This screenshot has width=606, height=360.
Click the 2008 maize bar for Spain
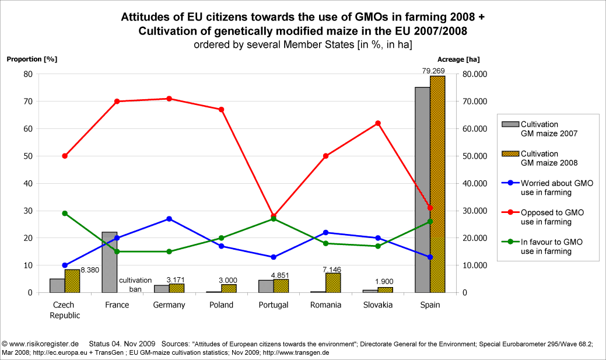coord(437,184)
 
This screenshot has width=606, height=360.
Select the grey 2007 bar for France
coord(109,262)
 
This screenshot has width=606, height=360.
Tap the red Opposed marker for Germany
coord(169,99)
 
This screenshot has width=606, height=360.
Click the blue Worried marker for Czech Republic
coord(65,265)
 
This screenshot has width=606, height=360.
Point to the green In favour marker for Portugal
coord(274,219)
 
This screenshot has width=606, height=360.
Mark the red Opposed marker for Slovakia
coord(378,123)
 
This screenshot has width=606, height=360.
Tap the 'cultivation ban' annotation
coord(135,284)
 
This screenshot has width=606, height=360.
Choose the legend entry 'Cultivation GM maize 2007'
coord(540,129)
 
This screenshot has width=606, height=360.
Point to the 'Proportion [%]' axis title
coord(31,59)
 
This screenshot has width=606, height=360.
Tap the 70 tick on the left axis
coord(27,102)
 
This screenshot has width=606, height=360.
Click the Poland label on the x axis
coord(221,305)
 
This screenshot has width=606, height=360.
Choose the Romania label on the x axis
coord(325,305)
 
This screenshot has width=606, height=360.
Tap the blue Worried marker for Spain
coord(430,257)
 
